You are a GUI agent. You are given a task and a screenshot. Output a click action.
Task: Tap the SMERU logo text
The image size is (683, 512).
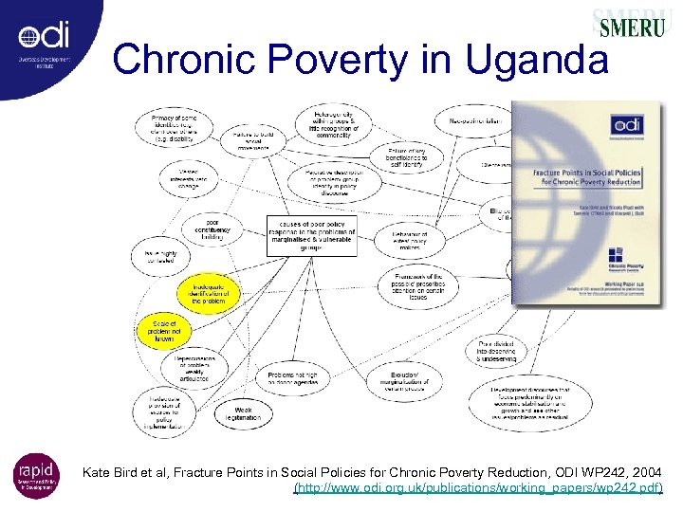tap(630, 27)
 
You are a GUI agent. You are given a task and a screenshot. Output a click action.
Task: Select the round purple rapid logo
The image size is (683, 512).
tap(36, 475)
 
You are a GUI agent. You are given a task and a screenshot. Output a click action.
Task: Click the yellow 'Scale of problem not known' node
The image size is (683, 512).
tap(165, 330)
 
